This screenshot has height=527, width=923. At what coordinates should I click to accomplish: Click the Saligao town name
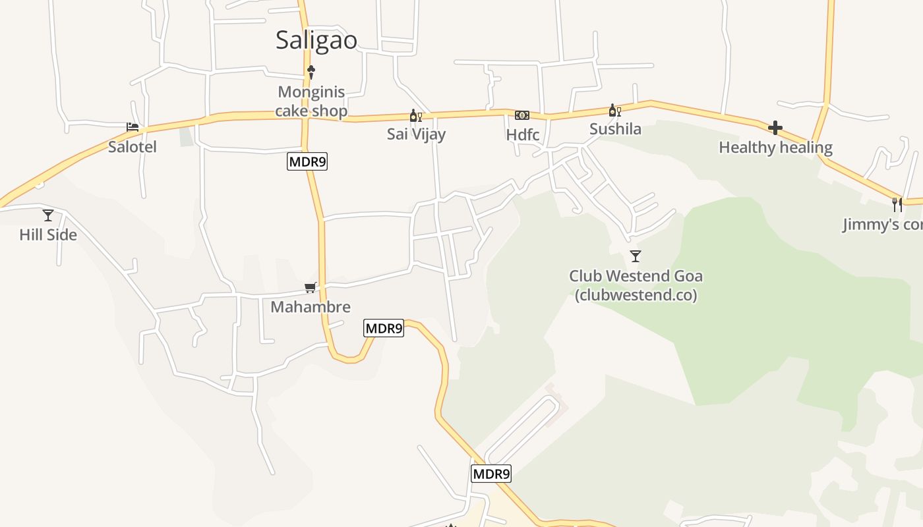coord(316,40)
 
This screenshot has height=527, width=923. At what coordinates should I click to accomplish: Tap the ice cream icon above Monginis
coord(311,72)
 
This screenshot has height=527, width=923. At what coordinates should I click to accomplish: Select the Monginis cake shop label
coord(311,101)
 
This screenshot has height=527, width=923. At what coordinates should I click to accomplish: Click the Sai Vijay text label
coord(416,134)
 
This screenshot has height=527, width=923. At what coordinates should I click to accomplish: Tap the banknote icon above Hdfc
coord(522,115)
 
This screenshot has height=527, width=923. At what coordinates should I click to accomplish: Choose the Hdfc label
coord(523,135)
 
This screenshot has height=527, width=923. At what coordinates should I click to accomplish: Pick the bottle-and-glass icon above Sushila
coord(614,111)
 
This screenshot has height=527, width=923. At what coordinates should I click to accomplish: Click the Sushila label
coord(615,129)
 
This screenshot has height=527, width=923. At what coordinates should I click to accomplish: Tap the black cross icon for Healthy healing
coord(775,128)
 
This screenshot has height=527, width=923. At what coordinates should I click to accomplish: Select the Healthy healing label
coord(775,148)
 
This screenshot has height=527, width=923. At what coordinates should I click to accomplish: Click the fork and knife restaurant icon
coord(897,204)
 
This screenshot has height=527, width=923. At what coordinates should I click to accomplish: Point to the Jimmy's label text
coord(882,225)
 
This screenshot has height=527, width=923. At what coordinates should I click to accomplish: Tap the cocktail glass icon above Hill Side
coord(48,215)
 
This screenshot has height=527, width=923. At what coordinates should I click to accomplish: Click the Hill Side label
coord(48,235)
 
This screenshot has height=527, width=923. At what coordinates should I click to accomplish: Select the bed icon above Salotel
coord(133,126)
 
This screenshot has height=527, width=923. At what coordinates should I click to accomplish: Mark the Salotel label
coord(133,147)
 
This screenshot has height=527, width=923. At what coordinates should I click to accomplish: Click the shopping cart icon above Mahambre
coord(311,287)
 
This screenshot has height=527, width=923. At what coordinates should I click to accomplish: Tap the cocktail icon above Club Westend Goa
coord(636,256)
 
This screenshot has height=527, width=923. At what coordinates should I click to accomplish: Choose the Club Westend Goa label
coord(636,285)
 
